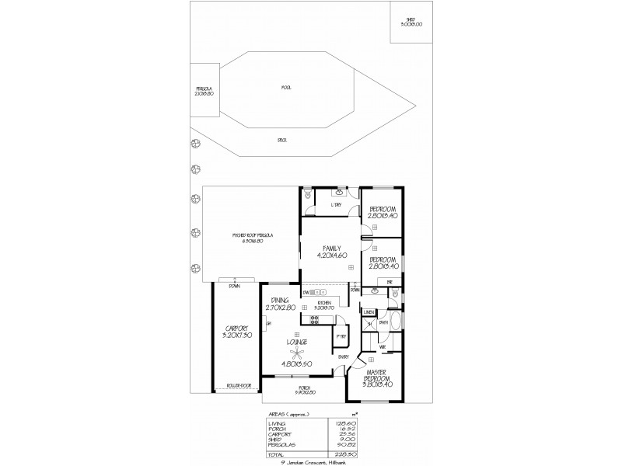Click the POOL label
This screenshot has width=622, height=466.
(286, 88)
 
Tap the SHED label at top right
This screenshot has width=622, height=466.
(411, 22)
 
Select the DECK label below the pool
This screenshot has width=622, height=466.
(282, 141)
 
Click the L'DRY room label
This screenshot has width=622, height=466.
(337, 205)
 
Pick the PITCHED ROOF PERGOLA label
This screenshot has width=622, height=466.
(251, 236)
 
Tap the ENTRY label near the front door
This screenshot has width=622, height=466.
(344, 356)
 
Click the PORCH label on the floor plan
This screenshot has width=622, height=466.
(305, 388)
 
